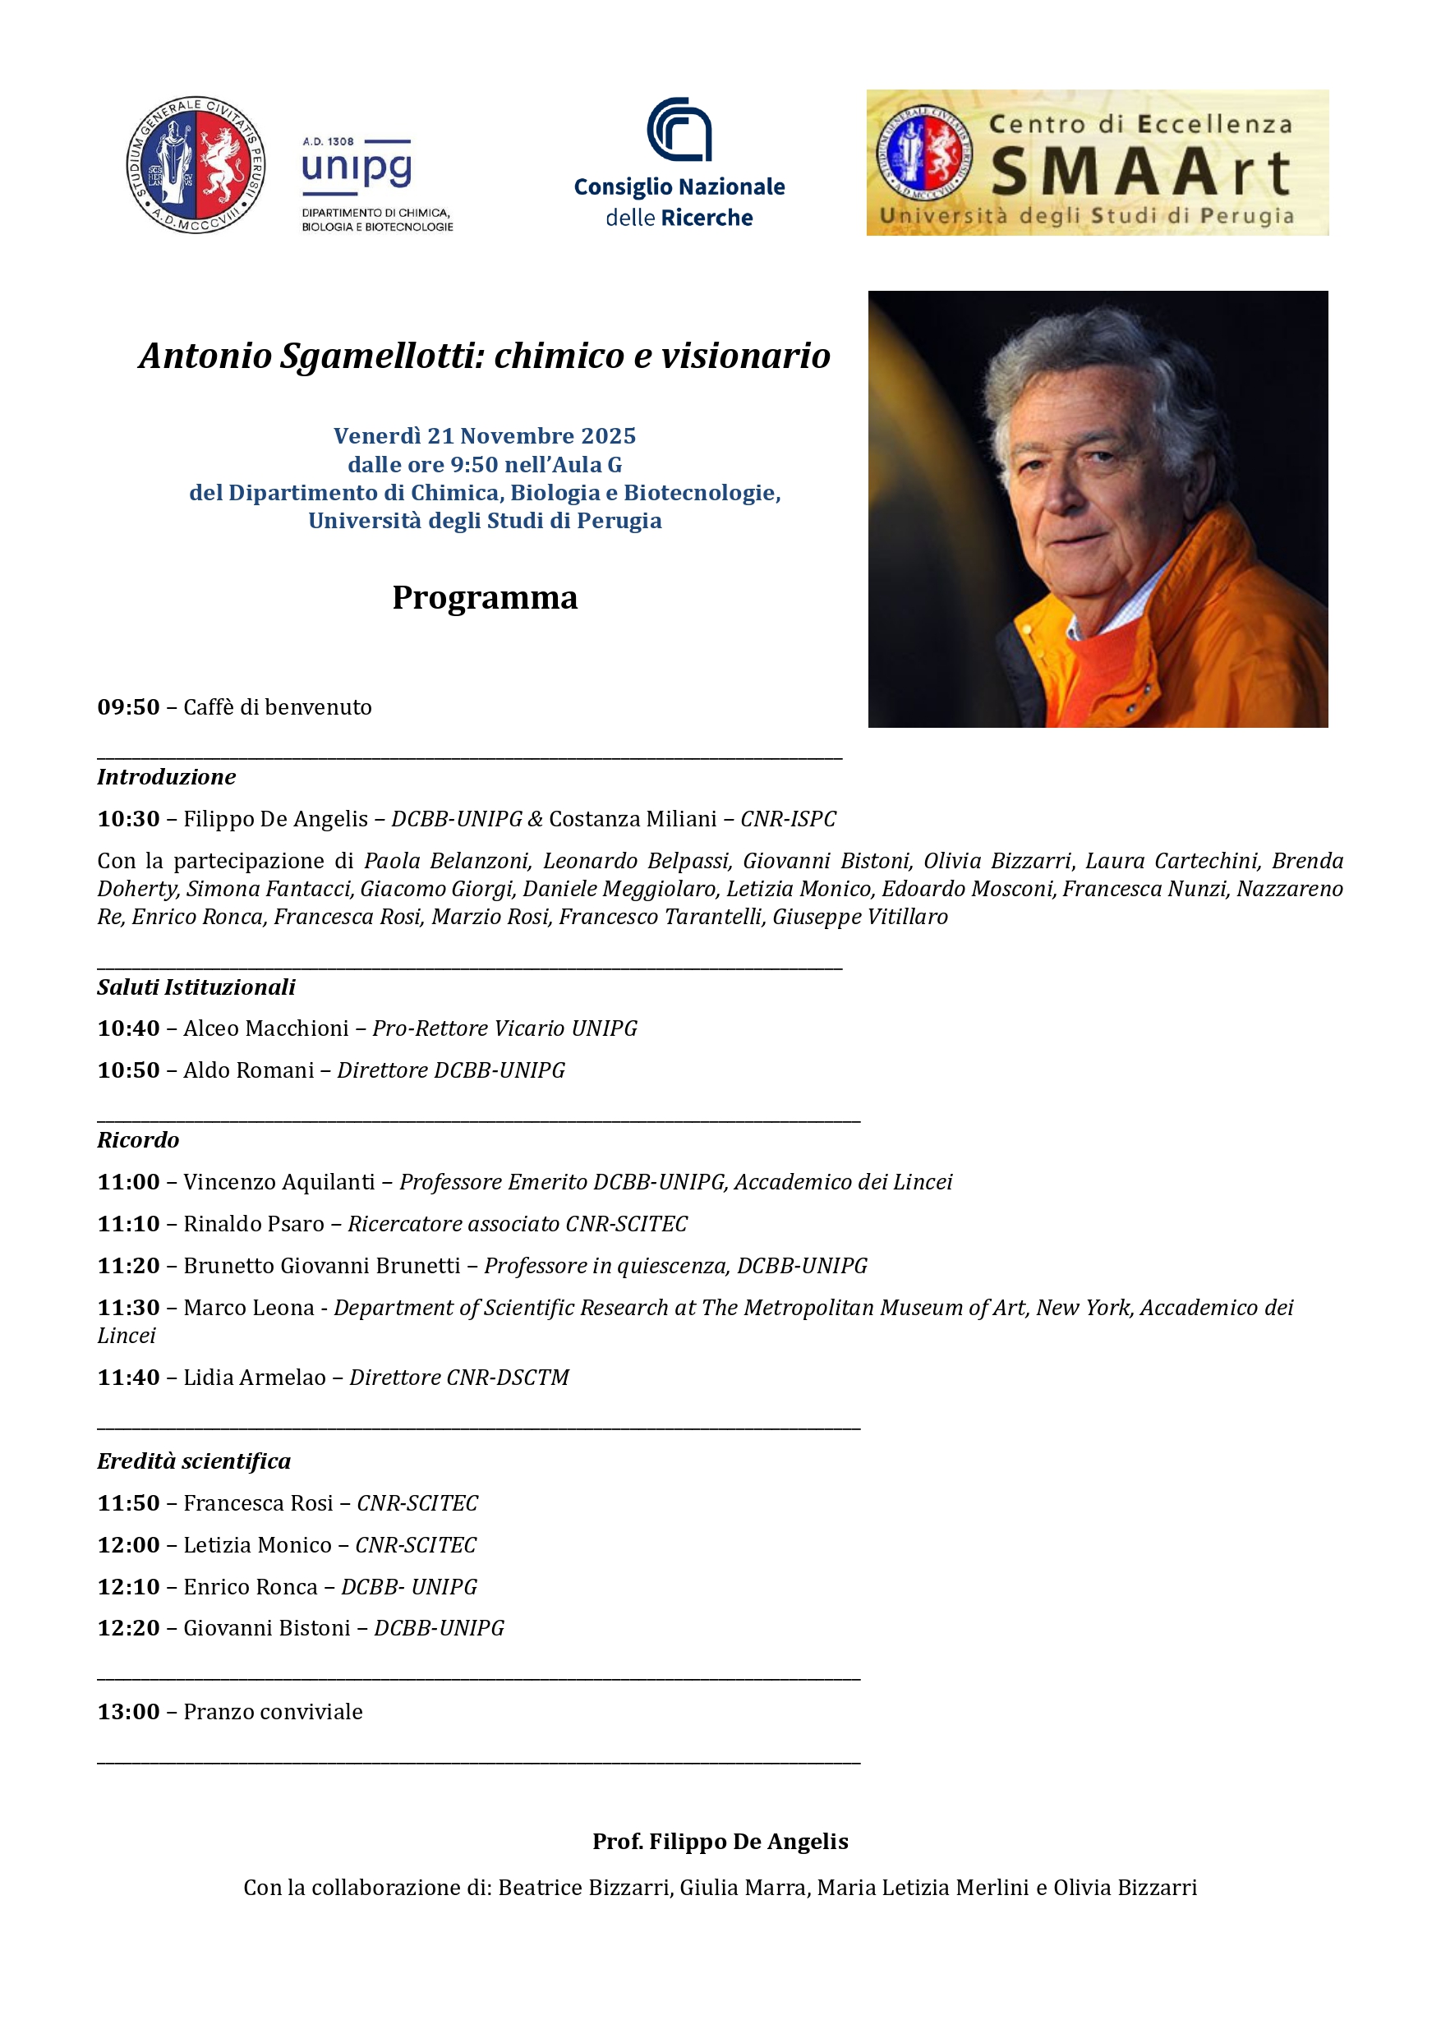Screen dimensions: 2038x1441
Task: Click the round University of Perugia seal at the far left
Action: coord(196,165)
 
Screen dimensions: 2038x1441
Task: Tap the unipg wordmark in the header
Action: coord(356,167)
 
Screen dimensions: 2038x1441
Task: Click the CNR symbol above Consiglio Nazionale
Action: coord(679,130)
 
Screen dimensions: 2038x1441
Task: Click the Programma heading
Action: coord(485,597)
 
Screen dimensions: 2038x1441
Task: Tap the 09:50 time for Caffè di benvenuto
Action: coord(129,707)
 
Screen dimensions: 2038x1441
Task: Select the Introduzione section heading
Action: coord(166,777)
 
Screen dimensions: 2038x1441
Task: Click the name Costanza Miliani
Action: coord(632,818)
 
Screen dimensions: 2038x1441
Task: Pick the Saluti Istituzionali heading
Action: coord(196,987)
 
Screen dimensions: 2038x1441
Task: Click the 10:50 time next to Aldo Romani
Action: coord(129,1070)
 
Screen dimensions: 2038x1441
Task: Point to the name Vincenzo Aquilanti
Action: coord(279,1182)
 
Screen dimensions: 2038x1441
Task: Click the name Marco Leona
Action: coord(249,1309)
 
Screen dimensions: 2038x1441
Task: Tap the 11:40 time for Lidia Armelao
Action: coord(129,1378)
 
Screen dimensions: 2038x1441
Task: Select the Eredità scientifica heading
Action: coord(194,1461)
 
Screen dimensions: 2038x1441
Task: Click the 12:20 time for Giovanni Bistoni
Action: coord(129,1628)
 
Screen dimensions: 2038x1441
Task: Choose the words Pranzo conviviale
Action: coord(273,1711)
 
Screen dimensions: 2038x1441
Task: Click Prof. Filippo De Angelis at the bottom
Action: coord(720,1841)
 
